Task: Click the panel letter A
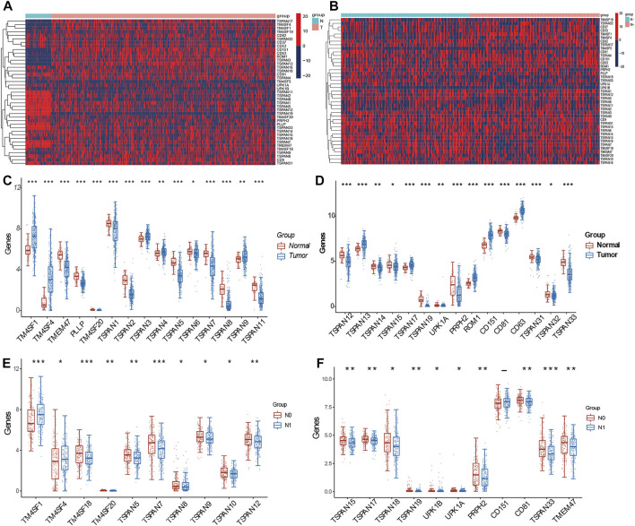(x=7, y=7)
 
